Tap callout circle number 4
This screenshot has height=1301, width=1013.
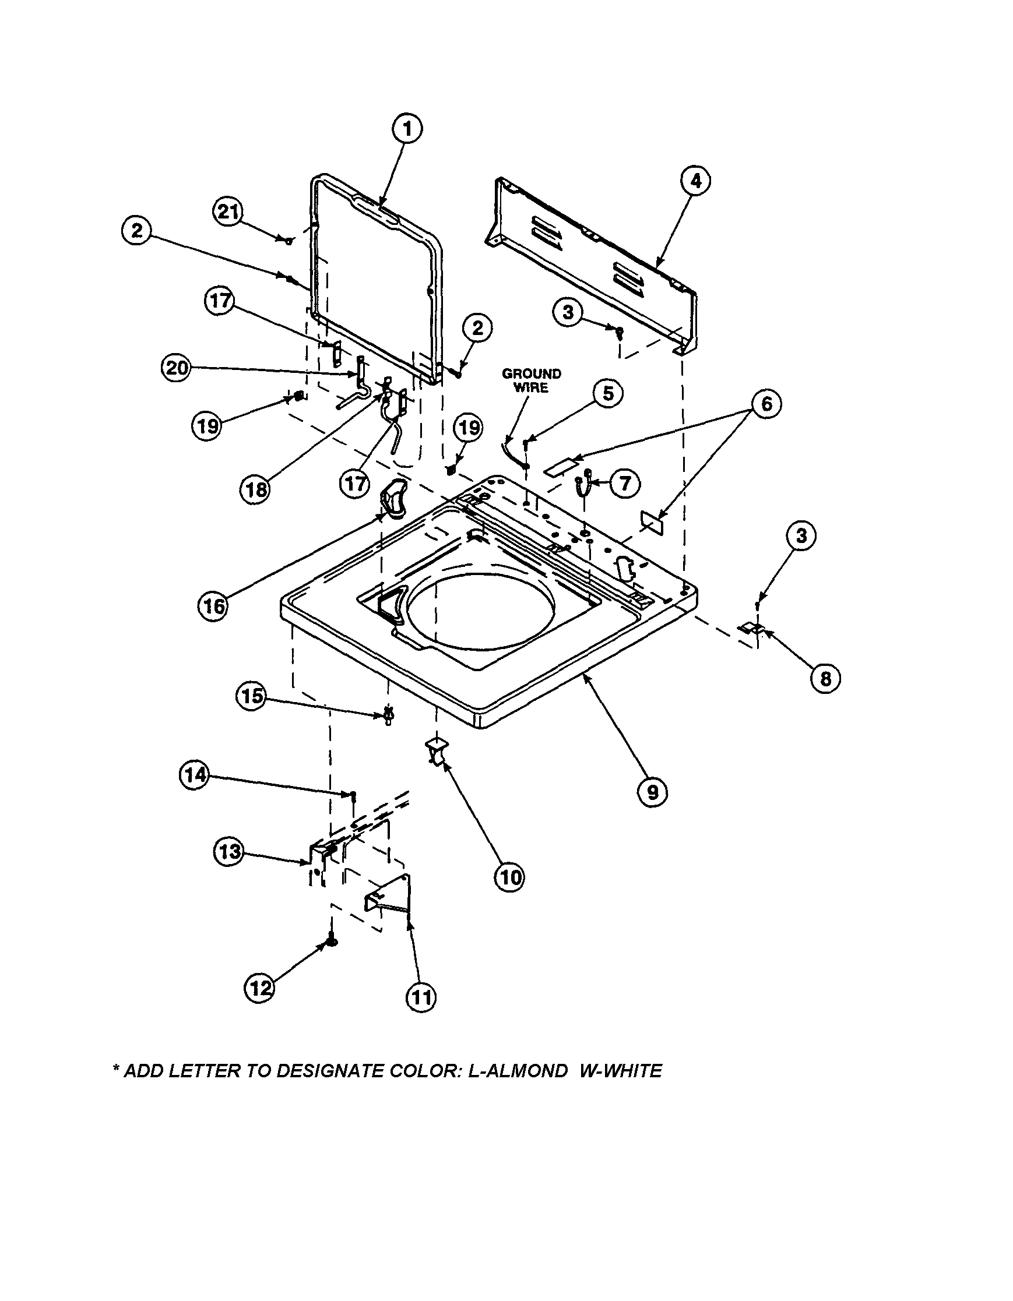point(694,182)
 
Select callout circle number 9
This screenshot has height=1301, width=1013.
point(652,791)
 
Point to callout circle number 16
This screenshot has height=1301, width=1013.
point(213,606)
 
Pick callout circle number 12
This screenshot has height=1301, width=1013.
point(260,988)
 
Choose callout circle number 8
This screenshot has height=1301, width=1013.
point(825,678)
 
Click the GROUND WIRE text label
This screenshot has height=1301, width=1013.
point(531,380)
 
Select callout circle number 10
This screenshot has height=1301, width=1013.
point(509,877)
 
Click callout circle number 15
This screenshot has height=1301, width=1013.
point(252,696)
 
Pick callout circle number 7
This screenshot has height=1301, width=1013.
point(624,483)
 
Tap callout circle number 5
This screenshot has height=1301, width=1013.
point(607,394)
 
